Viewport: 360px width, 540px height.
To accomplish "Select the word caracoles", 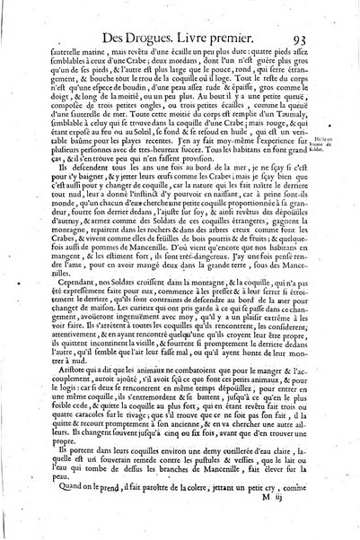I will click(x=97, y=426).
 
